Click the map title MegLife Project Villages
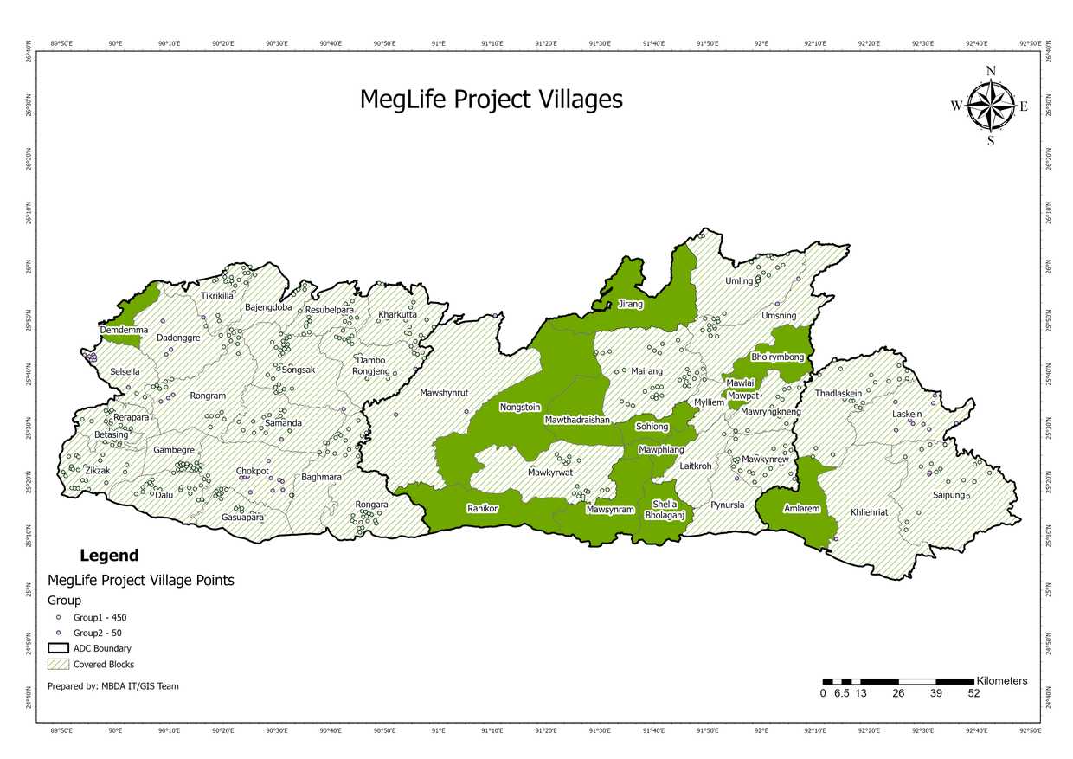491,100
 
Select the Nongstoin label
519,407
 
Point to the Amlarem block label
800,509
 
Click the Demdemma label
124,331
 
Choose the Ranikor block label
482,508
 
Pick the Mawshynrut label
444,393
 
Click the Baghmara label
321,477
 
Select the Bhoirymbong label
777,357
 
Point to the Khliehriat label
869,512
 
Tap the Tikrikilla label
216,296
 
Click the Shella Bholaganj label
665,510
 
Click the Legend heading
108,556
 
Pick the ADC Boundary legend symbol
58,648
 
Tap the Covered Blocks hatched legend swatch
58,665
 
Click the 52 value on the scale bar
973,693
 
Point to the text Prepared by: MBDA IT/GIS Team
113,686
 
